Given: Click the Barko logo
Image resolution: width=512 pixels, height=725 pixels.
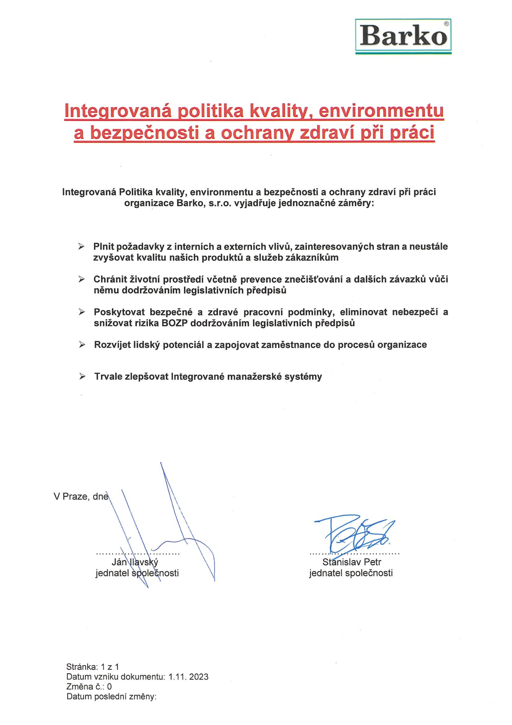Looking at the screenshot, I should (403, 36).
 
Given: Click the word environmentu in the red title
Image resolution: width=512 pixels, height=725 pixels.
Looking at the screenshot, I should (381, 111).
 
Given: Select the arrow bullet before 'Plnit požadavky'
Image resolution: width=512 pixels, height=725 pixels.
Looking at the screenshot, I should (81, 247).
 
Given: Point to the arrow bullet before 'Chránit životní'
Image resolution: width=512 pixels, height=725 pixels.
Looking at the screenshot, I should (82, 279).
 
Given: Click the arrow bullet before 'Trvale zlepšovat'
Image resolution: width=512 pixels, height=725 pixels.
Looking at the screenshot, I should (83, 377).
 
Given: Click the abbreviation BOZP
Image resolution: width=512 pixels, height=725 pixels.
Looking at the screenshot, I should (174, 323).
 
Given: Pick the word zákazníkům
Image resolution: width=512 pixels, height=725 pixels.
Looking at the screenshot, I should (312, 258).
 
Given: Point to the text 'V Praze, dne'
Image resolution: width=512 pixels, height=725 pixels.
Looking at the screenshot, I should (81, 496).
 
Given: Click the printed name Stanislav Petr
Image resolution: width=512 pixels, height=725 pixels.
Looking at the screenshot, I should (352, 562).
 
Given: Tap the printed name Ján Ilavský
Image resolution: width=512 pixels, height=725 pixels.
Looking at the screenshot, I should (135, 562).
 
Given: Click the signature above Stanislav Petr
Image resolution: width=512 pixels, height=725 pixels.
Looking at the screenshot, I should (355, 533).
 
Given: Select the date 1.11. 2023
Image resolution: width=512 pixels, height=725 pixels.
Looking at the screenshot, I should (188, 676).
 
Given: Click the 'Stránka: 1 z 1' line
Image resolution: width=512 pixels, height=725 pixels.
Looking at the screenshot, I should (93, 667).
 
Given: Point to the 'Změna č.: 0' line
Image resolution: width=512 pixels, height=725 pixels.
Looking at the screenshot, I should (89, 686).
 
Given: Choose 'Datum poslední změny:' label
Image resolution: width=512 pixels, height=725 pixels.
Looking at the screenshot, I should (111, 696).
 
